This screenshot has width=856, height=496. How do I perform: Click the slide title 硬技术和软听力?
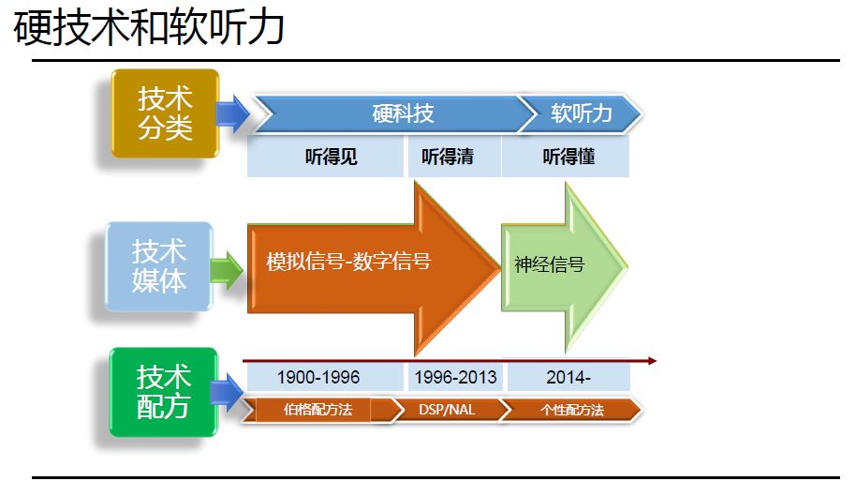pyautogui.click(x=150, y=28)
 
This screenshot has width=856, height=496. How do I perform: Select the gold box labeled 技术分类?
pyautogui.click(x=165, y=113)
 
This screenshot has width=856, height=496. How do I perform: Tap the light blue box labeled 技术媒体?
pyautogui.click(x=159, y=266)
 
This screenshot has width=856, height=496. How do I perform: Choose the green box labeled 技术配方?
pyautogui.click(x=164, y=392)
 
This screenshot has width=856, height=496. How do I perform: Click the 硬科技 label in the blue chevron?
pyautogui.click(x=403, y=113)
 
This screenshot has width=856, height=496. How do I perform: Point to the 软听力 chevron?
pyautogui.click(x=582, y=113)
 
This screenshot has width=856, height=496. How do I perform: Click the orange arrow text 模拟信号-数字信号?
pyautogui.click(x=348, y=262)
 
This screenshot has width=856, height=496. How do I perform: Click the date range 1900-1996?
pyautogui.click(x=318, y=378)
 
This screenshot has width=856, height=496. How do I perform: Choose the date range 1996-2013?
pyautogui.click(x=454, y=378)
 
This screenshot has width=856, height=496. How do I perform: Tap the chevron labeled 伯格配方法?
pyautogui.click(x=317, y=410)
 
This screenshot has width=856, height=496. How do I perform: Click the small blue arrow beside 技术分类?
pyautogui.click(x=232, y=113)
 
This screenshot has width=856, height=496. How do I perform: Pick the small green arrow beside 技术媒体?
pyautogui.click(x=227, y=272)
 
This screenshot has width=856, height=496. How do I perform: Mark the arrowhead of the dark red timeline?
pyautogui.click(x=652, y=360)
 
